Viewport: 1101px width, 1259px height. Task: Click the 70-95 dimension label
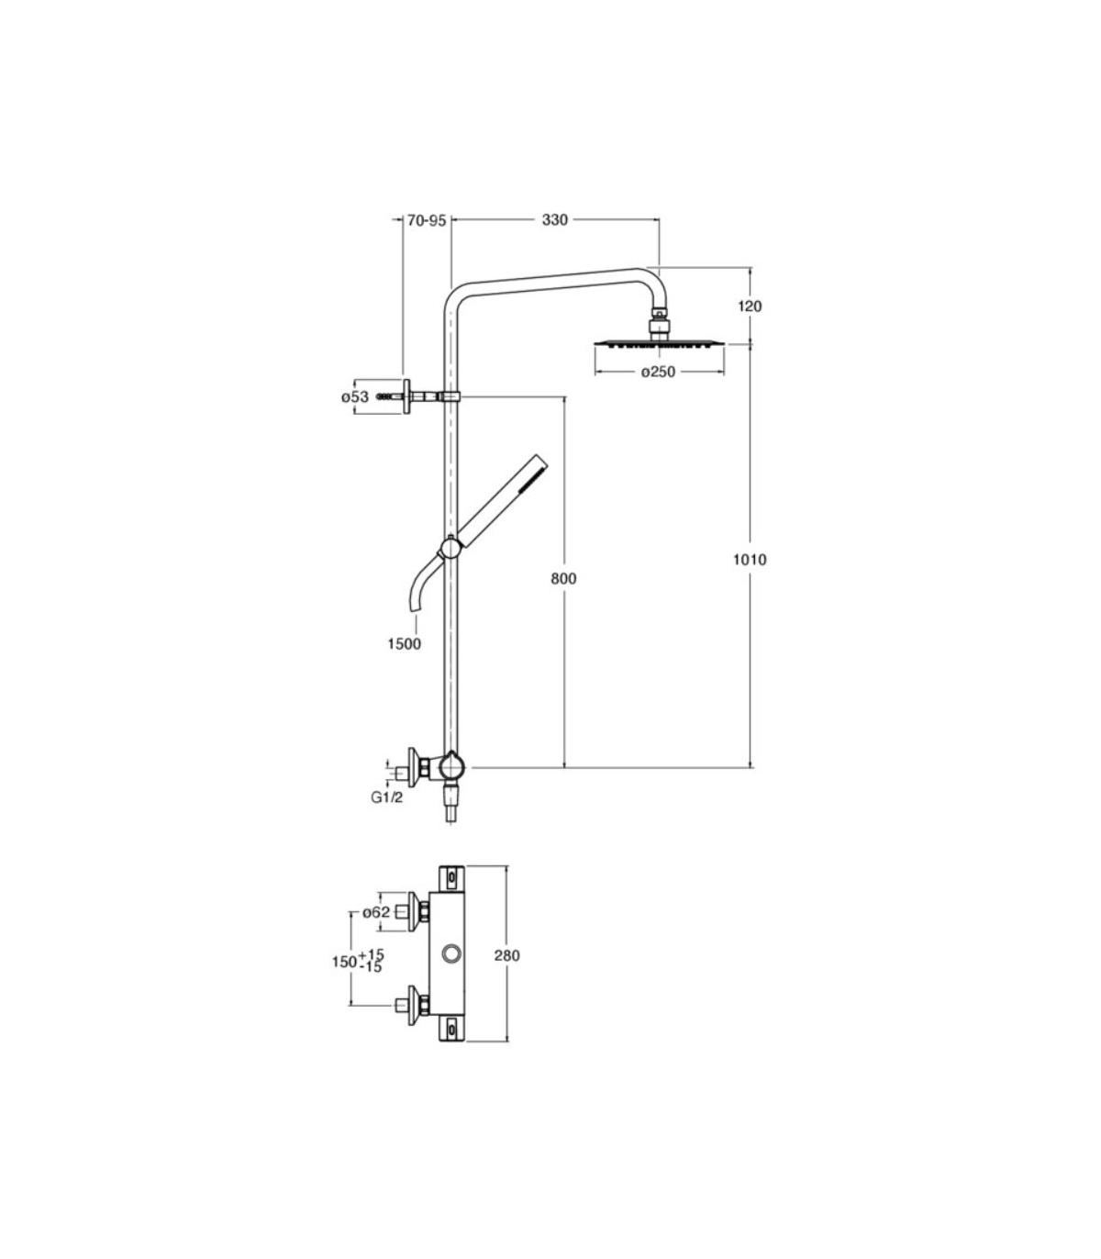pos(427,220)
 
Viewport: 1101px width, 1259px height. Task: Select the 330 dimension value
pos(555,220)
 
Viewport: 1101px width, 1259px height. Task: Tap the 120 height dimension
pos(750,306)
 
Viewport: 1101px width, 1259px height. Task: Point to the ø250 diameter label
pos(658,372)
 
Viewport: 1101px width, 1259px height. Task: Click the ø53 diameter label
pos(355,397)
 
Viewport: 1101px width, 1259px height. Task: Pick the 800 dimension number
pos(563,578)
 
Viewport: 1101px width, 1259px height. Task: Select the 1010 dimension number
pos(750,560)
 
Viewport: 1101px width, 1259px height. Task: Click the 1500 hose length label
pos(404,643)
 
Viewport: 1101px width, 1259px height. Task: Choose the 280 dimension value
pos(506,955)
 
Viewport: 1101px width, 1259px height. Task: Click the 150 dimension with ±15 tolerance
pos(358,961)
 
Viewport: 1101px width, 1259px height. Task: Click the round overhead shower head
pos(659,345)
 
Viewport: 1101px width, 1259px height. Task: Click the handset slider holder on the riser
pos(451,547)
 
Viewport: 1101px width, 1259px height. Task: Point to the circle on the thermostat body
pos(450,953)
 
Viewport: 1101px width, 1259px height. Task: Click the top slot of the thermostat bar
pos(452,875)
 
